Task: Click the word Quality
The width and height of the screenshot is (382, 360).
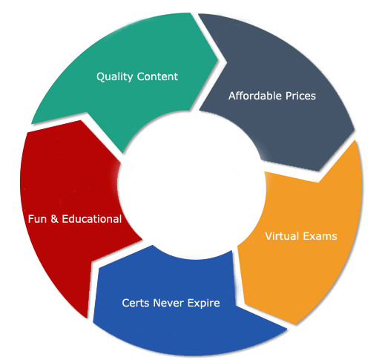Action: point(114,76)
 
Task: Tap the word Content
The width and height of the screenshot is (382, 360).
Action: point(157,76)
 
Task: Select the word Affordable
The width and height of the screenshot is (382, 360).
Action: point(255,96)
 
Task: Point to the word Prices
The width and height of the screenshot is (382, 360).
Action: point(300,96)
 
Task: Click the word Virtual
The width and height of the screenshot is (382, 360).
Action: point(282,236)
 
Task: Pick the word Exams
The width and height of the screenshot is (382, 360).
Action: point(320,236)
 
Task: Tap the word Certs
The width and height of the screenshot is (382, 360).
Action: point(136,303)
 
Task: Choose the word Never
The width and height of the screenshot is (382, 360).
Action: point(168,303)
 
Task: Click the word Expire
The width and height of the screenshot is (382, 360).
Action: point(203,304)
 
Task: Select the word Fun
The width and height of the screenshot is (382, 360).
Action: point(37,219)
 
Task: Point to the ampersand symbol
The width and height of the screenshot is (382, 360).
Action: point(54,219)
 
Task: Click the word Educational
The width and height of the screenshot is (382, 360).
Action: point(92,219)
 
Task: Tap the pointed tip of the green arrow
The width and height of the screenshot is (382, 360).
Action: point(217,59)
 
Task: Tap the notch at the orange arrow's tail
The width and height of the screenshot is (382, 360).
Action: point(318,183)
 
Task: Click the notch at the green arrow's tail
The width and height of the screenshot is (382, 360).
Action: point(87,113)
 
